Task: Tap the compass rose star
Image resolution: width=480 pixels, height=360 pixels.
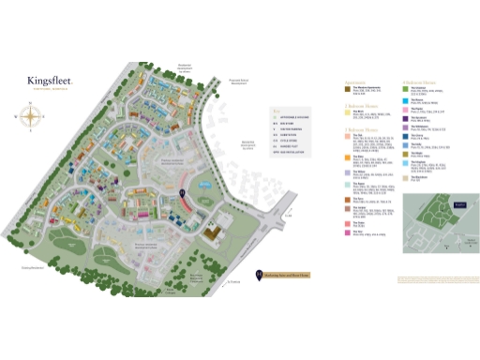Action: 31,118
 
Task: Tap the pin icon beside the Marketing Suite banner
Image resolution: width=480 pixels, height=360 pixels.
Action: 259,275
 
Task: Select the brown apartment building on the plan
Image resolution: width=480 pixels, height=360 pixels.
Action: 217,229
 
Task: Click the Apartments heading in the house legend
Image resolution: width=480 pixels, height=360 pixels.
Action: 331,82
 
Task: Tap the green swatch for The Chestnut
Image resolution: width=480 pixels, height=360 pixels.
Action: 406,91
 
